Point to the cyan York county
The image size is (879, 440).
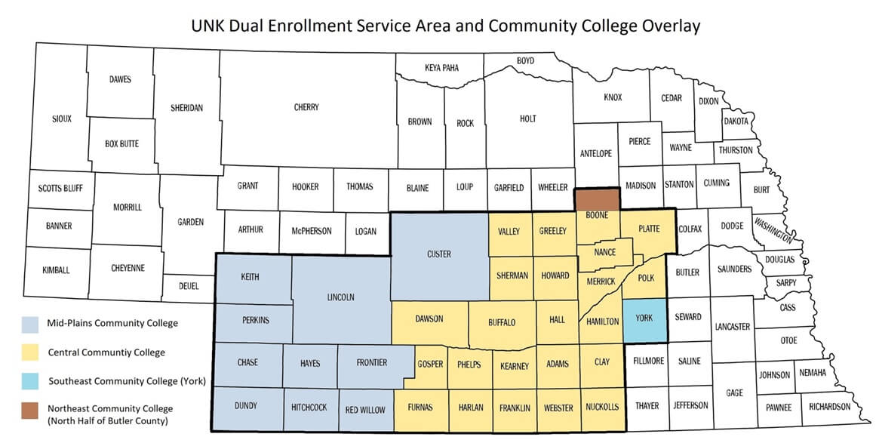point(644,318)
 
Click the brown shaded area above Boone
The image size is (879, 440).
point(598,198)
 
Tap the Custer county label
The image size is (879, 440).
point(438,254)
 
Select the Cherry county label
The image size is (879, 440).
point(306,107)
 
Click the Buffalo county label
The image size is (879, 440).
point(502,322)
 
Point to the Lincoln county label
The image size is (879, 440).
point(340,297)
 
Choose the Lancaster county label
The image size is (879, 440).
point(732,327)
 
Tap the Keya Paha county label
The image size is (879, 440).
point(441,67)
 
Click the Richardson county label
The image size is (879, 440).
point(829,407)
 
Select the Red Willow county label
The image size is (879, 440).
point(365,410)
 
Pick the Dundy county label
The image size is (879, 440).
point(246,405)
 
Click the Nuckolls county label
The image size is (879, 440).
point(602,407)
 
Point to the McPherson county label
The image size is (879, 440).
point(311,231)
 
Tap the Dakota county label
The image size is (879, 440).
point(736,121)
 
